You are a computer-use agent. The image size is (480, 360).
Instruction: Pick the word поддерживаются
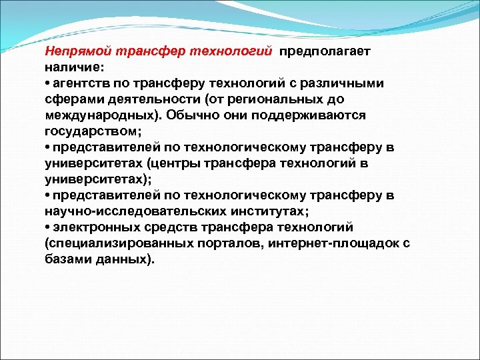(x=309, y=115)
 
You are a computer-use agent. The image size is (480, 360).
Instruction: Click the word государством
(x=85, y=131)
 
